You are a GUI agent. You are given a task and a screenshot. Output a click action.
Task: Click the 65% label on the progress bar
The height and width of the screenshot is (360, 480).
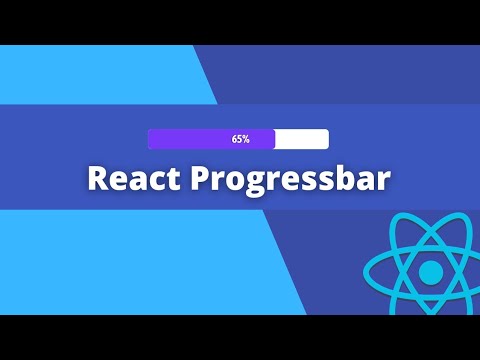(240, 139)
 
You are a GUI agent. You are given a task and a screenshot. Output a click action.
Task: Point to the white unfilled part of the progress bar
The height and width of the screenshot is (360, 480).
(301, 139)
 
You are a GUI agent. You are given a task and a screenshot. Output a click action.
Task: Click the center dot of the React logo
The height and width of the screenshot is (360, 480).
(430, 271)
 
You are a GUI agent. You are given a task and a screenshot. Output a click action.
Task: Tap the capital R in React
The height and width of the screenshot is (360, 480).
(97, 178)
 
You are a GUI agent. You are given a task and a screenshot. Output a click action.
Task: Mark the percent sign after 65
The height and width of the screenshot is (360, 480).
(246, 139)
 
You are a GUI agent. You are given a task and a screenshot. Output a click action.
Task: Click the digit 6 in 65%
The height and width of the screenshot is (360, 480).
(234, 139)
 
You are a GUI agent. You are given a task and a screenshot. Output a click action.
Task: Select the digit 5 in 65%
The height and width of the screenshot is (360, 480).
(239, 139)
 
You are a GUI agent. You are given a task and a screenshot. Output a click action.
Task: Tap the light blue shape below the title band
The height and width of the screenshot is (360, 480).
(130, 260)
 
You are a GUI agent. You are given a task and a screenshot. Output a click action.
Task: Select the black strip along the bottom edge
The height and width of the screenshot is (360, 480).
(240, 337)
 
